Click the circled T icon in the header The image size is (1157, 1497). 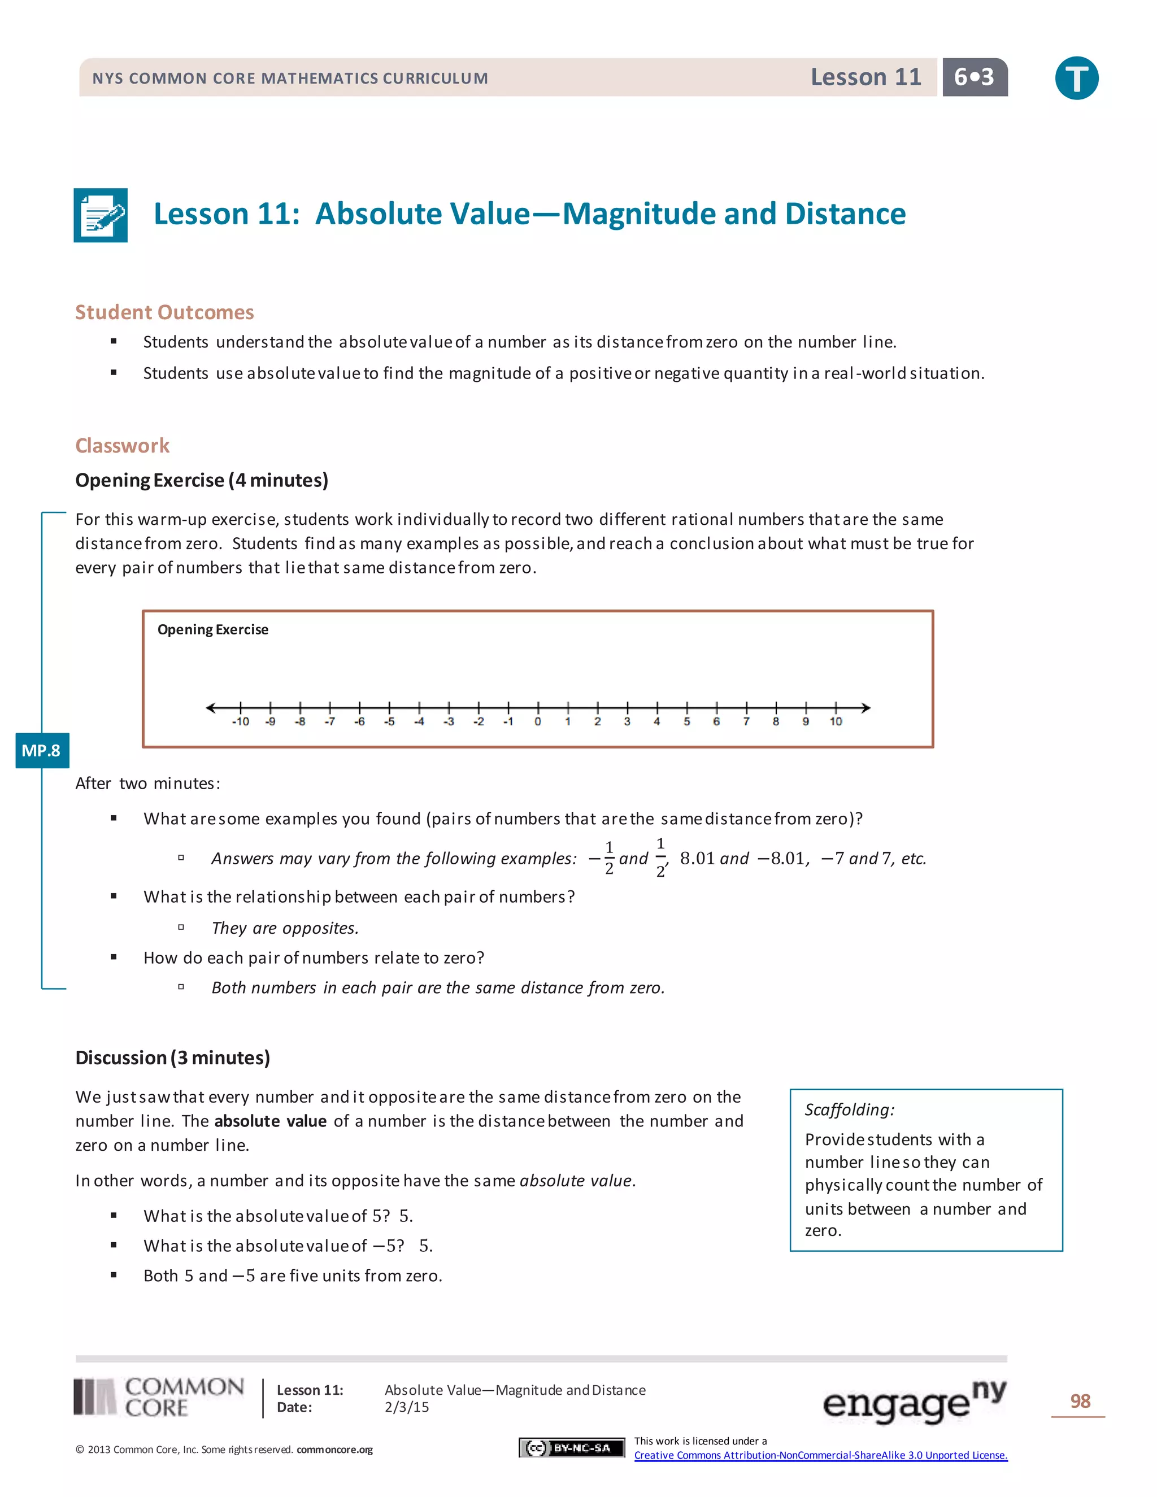tap(1076, 77)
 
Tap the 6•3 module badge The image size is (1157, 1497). tap(974, 77)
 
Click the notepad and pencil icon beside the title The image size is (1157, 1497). tap(101, 215)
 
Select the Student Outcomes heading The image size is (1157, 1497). tap(164, 312)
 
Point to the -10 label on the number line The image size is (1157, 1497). tap(240, 722)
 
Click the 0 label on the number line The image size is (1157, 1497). tap(538, 722)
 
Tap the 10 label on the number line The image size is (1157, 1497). tap(836, 722)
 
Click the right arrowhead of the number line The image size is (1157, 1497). tap(867, 707)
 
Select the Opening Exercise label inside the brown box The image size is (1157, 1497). tap(212, 629)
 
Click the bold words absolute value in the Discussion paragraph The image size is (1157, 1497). tap(270, 1121)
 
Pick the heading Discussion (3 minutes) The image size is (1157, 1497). tap(173, 1058)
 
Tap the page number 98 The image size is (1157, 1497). tap(1080, 1401)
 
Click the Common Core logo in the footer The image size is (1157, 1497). tap(159, 1398)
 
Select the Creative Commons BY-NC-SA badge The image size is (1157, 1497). tap(572, 1448)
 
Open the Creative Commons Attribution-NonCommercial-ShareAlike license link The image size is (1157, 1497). tap(820, 1455)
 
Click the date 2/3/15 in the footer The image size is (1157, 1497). tap(407, 1407)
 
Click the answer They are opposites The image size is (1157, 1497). tap(285, 928)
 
